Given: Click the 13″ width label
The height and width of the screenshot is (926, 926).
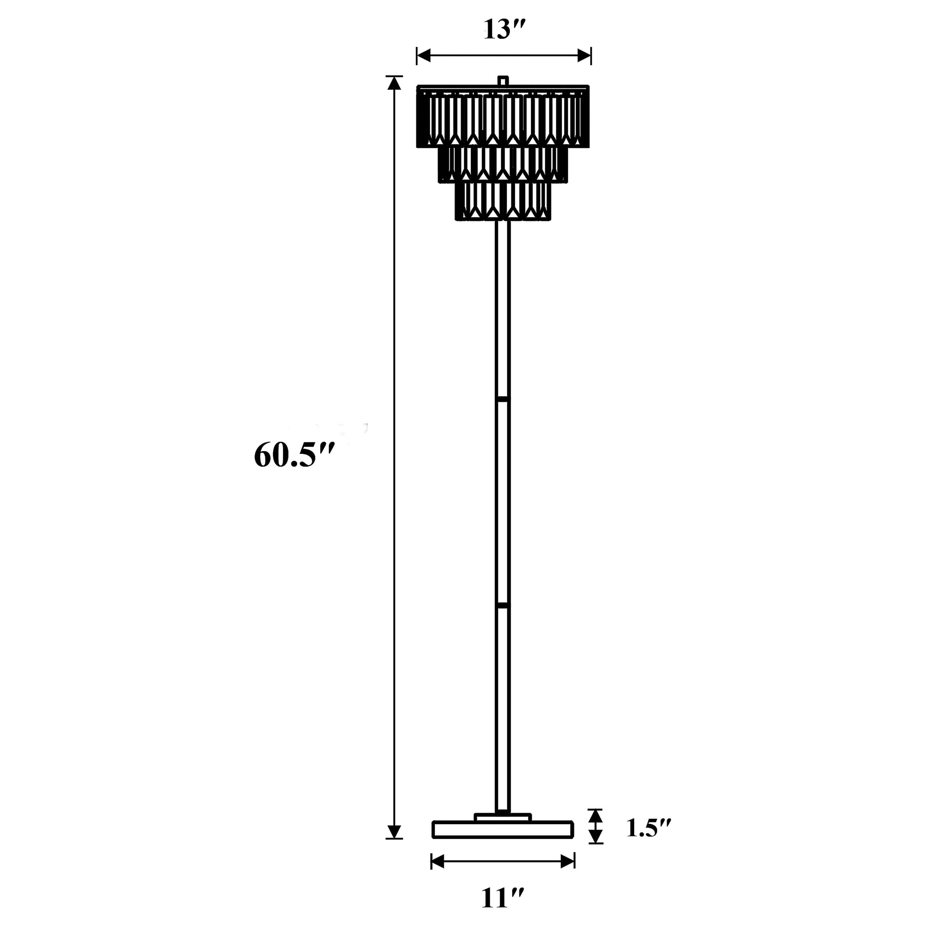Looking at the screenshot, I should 504,30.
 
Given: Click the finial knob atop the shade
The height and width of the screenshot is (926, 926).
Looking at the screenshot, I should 503,80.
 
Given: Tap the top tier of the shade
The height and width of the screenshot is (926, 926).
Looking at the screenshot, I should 503,117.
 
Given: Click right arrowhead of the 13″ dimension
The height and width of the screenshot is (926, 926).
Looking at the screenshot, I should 584,56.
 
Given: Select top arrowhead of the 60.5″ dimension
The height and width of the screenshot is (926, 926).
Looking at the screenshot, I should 394,83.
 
